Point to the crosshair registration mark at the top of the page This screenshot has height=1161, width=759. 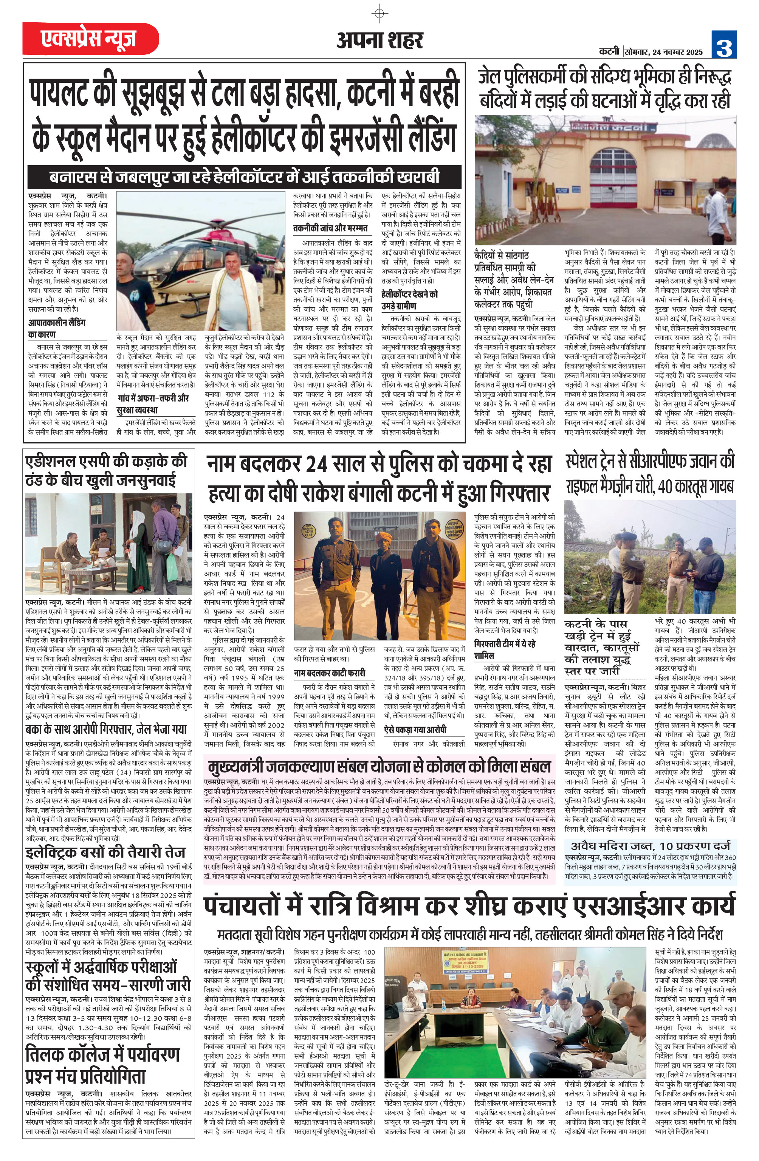coord(379,13)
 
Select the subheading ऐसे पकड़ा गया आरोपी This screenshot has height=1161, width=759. coord(415,729)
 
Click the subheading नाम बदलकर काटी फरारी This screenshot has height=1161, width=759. coord(329,673)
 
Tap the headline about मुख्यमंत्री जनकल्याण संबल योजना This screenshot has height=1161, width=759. coord(378,767)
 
